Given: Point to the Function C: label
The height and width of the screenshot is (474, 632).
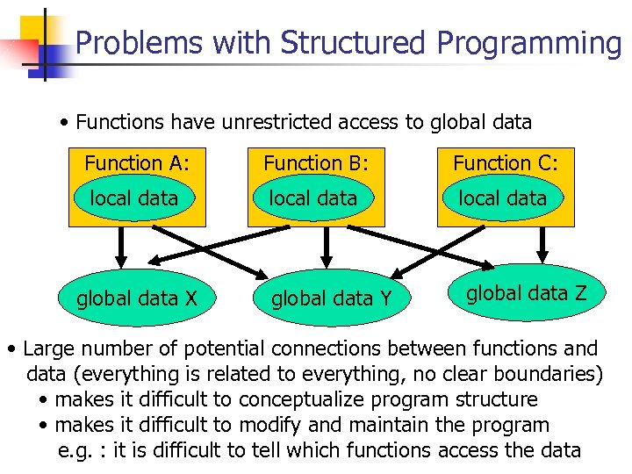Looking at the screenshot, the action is [505, 163].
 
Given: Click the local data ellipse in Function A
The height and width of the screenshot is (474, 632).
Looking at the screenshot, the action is [134, 198].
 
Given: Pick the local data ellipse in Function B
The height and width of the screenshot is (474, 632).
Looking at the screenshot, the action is [313, 198].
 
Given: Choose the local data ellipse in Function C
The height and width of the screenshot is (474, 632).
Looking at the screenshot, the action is [503, 198].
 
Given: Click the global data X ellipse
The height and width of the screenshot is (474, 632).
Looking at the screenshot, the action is [136, 298].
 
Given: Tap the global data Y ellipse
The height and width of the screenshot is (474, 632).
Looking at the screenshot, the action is [332, 298].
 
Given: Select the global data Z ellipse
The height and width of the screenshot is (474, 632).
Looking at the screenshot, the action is [526, 293].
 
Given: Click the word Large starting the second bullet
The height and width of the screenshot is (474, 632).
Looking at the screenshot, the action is [51, 348].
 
